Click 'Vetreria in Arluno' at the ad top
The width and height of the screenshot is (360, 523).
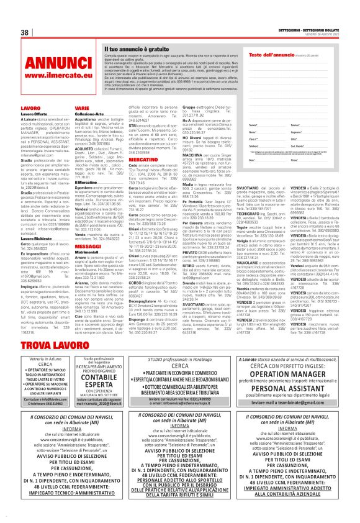(x=42, y=358)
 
